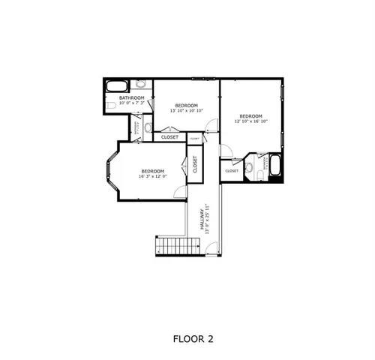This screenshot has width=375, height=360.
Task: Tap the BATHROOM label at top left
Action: [131, 97]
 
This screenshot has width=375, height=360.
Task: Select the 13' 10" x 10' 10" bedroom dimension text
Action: [186, 110]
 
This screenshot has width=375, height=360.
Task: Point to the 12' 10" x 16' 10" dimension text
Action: [250, 121]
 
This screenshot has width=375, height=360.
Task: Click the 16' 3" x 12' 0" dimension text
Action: [153, 176]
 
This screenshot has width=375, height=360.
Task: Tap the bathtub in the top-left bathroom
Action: [117, 85]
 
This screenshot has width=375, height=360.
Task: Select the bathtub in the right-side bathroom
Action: [274, 166]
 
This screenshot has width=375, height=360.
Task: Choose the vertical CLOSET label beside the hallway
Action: [195, 164]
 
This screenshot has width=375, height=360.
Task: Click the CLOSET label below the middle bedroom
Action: [170, 137]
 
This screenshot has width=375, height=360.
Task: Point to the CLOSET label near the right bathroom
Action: [232, 171]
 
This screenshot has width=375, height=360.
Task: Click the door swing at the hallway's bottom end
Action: [214, 247]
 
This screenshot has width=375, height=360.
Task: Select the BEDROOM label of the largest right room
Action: [250, 115]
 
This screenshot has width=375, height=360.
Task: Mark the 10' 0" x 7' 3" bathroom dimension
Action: [131, 103]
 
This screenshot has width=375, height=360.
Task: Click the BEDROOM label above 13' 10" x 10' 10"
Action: [186, 105]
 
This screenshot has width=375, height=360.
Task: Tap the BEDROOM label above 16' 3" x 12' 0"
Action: [153, 171]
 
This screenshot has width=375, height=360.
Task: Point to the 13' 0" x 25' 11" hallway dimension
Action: [207, 219]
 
